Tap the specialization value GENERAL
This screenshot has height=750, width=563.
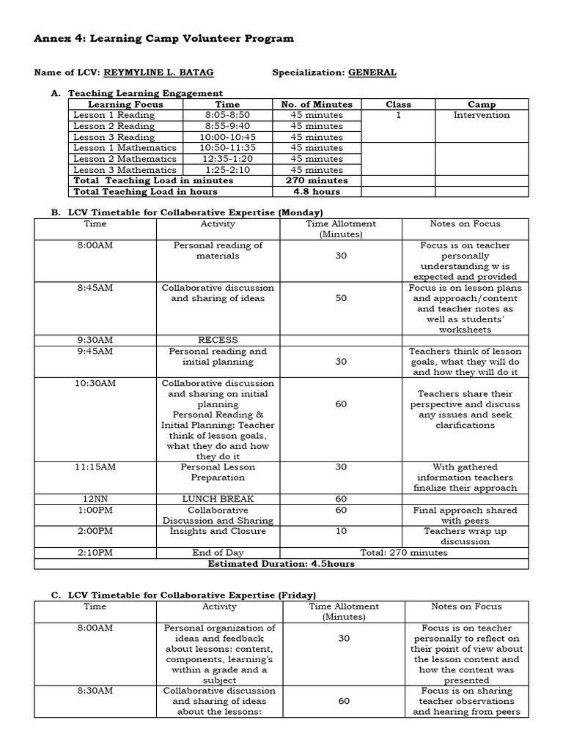[x=372, y=73]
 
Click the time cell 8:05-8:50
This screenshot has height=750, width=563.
[x=227, y=115]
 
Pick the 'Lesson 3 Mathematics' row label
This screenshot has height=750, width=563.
[x=125, y=170]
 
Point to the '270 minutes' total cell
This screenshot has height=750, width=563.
[x=317, y=180]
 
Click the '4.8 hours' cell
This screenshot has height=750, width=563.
[x=317, y=191]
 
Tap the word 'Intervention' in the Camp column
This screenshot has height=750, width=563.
[x=481, y=115]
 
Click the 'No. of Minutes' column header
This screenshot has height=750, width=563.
[x=317, y=105]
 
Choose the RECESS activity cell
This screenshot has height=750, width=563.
[x=218, y=340]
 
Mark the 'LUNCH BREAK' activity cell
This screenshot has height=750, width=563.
[x=218, y=499]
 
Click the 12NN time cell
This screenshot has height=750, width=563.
[x=95, y=499]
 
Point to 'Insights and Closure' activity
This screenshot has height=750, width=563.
[x=218, y=531]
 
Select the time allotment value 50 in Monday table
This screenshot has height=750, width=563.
[x=341, y=298]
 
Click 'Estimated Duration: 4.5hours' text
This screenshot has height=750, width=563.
[x=281, y=564]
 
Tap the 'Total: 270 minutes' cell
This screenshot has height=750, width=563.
[x=403, y=553]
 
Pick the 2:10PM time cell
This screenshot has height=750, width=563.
[x=95, y=553]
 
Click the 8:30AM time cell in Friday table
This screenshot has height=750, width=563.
[x=95, y=690]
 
